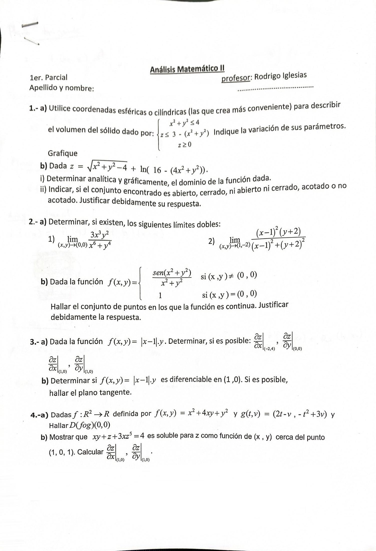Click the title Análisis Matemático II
click(187, 69)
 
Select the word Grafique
click(63, 153)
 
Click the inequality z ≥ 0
click(184, 144)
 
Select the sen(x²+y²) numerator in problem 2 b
click(172, 272)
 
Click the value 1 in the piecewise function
click(160, 296)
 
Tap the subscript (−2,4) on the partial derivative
click(269, 349)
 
